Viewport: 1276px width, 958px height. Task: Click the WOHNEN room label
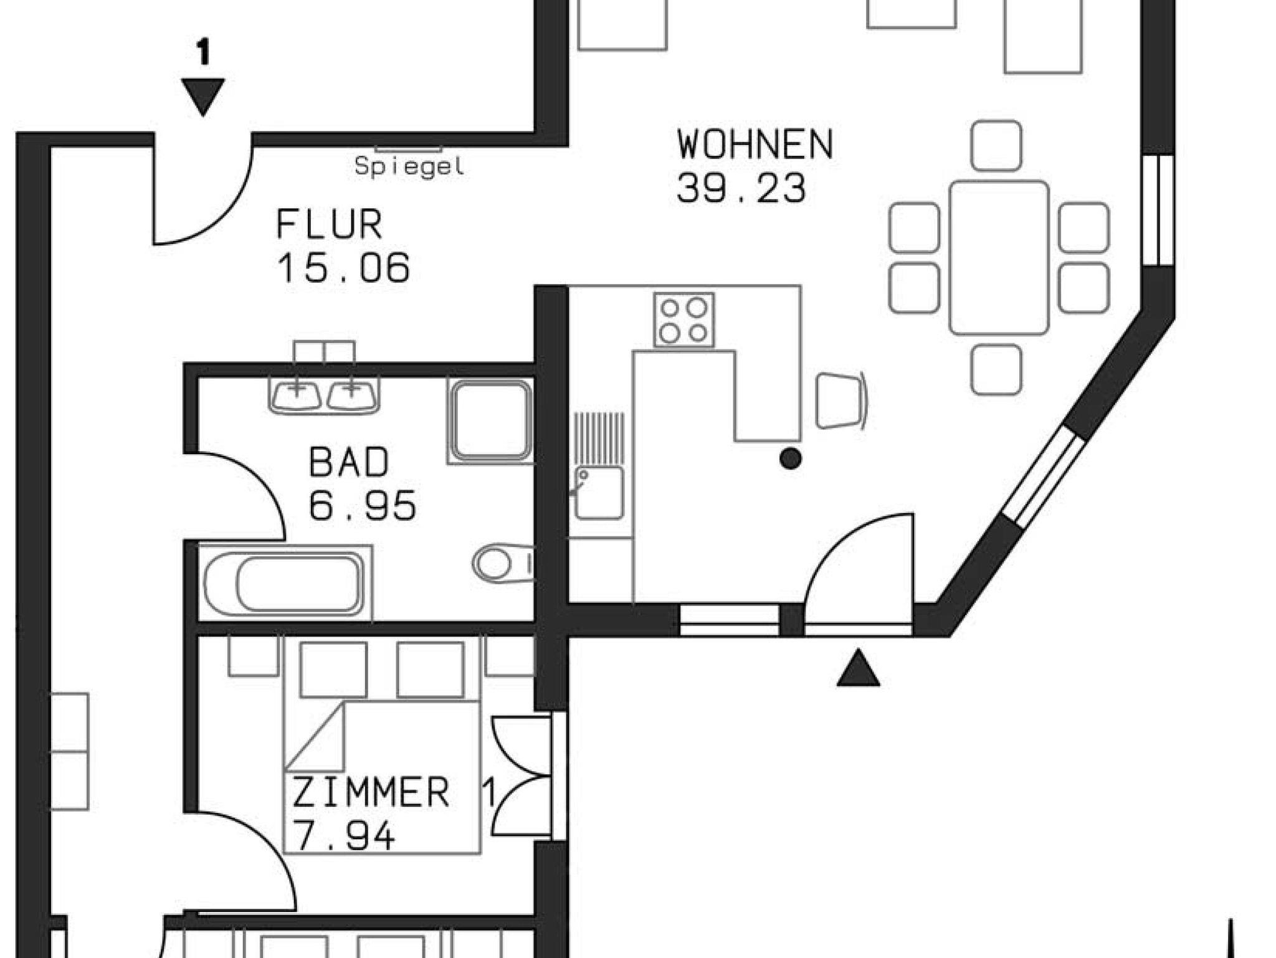click(755, 145)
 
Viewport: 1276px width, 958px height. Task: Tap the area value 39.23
click(741, 188)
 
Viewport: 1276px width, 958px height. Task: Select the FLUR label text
click(329, 225)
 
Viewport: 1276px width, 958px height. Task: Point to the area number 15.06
click(343, 268)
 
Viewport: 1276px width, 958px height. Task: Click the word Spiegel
click(409, 166)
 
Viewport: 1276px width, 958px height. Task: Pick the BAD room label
click(349, 462)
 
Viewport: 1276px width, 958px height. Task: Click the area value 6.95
click(363, 505)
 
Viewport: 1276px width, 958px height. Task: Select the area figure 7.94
click(343, 836)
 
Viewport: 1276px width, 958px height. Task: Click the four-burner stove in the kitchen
click(683, 320)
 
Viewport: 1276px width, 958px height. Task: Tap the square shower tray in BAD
click(490, 420)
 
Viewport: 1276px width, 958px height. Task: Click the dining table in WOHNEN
click(999, 257)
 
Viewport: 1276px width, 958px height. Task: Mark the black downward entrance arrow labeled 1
click(202, 95)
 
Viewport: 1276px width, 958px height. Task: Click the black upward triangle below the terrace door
click(858, 669)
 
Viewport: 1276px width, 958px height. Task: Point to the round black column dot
click(791, 459)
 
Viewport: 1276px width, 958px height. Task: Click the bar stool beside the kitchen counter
click(839, 401)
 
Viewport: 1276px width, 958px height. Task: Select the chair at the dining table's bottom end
click(996, 369)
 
